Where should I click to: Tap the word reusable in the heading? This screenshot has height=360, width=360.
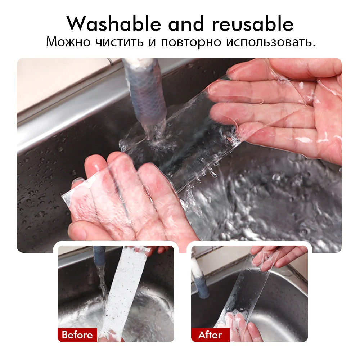(x=252, y=24)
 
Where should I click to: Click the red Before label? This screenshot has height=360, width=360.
(x=77, y=335)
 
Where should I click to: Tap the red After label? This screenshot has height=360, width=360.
(x=210, y=335)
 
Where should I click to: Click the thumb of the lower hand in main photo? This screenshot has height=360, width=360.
(x=81, y=230)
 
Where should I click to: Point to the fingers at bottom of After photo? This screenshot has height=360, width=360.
(x=239, y=326)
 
